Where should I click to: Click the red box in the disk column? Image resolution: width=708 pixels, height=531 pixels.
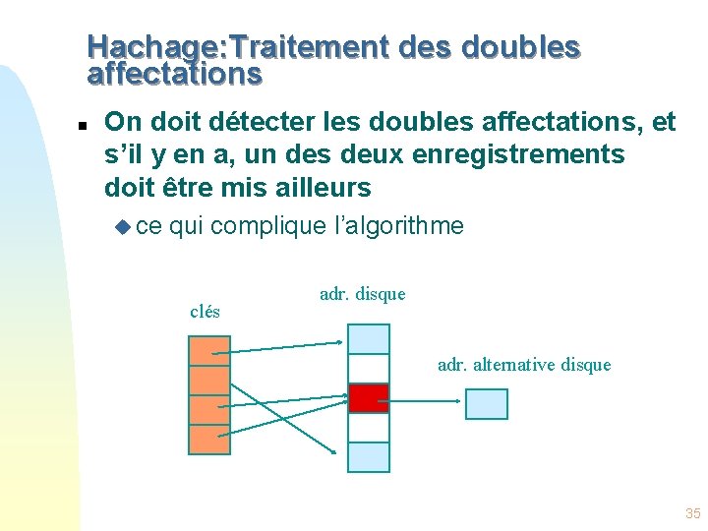tap(369, 398)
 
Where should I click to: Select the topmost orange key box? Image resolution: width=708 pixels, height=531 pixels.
tap(209, 351)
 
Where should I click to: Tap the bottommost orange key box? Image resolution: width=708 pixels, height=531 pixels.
tap(209, 440)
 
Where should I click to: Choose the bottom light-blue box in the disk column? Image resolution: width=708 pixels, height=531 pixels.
tap(369, 457)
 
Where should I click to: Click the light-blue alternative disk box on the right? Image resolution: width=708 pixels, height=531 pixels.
tap(486, 404)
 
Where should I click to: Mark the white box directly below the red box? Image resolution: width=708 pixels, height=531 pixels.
tap(369, 428)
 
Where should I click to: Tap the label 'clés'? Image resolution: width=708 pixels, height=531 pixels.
tap(205, 313)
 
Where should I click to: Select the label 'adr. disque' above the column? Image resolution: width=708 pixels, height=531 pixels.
tap(362, 294)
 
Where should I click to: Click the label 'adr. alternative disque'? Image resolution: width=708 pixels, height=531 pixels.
tap(524, 365)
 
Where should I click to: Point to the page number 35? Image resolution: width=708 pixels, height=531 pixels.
tap(692, 513)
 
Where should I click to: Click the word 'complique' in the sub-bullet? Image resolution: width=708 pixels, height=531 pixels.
tap(267, 226)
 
